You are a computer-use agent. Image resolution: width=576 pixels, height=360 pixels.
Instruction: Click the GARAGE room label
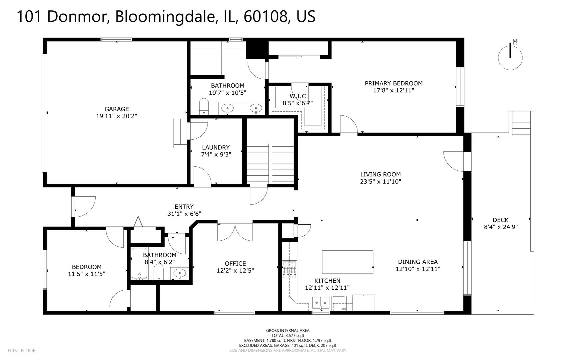tap(117, 109)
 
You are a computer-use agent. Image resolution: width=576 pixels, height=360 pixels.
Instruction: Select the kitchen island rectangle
tap(347, 262)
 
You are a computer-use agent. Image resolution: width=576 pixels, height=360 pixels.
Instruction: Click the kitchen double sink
tap(321, 303)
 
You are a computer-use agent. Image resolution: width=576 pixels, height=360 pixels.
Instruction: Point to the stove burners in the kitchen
tap(289, 269)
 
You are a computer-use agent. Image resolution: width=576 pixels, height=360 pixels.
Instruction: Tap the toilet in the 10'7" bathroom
tap(204, 106)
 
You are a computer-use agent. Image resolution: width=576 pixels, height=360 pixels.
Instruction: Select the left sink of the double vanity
tap(228, 108)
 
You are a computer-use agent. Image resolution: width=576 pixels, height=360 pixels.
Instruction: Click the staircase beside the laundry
tap(270, 163)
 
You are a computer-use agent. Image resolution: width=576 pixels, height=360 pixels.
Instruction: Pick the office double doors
tap(235, 231)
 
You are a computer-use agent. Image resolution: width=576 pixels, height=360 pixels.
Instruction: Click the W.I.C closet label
tap(297, 96)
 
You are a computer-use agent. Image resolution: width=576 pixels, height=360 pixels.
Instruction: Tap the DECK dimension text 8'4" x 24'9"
tap(500, 227)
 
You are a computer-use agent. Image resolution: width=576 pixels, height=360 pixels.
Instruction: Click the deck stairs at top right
tap(521, 123)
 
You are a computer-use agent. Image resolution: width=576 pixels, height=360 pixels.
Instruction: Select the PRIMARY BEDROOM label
tap(393, 83)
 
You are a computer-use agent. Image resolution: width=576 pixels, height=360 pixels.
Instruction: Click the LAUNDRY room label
tap(216, 147)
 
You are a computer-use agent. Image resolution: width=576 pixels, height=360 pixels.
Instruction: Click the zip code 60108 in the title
tap(266, 17)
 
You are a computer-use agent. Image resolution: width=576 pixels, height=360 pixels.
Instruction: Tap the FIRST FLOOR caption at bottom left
tap(21, 350)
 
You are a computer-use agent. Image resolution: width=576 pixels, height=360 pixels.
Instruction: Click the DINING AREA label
tap(418, 262)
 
